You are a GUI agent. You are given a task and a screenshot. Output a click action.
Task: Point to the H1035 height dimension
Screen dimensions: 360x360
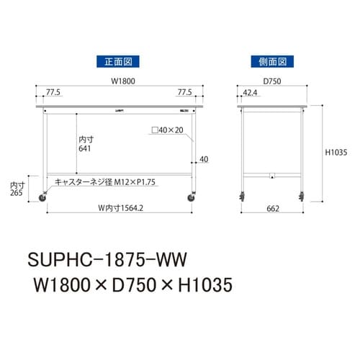(336, 152)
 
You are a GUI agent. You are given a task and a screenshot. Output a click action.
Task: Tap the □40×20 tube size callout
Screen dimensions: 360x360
(166, 131)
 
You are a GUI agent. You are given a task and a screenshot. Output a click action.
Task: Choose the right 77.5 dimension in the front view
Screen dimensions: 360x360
(185, 93)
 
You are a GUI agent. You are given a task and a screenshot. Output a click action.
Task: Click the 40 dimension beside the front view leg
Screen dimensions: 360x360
(204, 159)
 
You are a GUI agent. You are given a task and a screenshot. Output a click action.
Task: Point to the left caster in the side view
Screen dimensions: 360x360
(240, 196)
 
